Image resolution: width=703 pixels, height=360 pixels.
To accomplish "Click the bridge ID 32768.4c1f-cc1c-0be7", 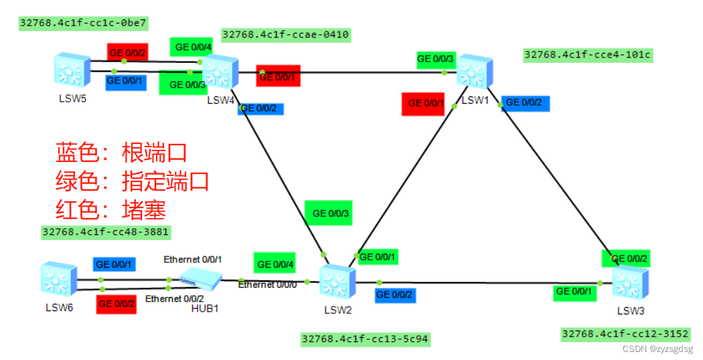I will click(83, 23).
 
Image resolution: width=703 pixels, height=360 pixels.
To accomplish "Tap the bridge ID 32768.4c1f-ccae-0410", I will click(285, 34).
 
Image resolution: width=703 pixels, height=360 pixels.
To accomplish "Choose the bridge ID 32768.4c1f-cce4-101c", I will click(587, 54).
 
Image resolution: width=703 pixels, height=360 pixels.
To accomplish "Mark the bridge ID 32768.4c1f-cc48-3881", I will click(105, 232).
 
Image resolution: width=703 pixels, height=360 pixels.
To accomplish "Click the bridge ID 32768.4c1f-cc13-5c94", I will click(365, 339).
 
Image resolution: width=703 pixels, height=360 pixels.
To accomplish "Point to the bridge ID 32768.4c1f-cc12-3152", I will click(625, 333).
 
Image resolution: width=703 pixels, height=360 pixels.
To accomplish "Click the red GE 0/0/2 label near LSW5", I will click(127, 51).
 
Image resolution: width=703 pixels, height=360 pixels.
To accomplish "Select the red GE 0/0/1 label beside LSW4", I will click(278, 77).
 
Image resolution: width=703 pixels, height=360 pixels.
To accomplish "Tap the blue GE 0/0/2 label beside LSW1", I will click(528, 102).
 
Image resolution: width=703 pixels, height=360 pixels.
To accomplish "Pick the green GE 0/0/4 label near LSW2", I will click(275, 264).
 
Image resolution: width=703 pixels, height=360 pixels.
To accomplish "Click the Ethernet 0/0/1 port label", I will click(193, 259).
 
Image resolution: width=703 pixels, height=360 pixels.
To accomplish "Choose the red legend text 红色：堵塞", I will click(110, 209).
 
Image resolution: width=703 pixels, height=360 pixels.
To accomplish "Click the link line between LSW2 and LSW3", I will click(482, 282).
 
